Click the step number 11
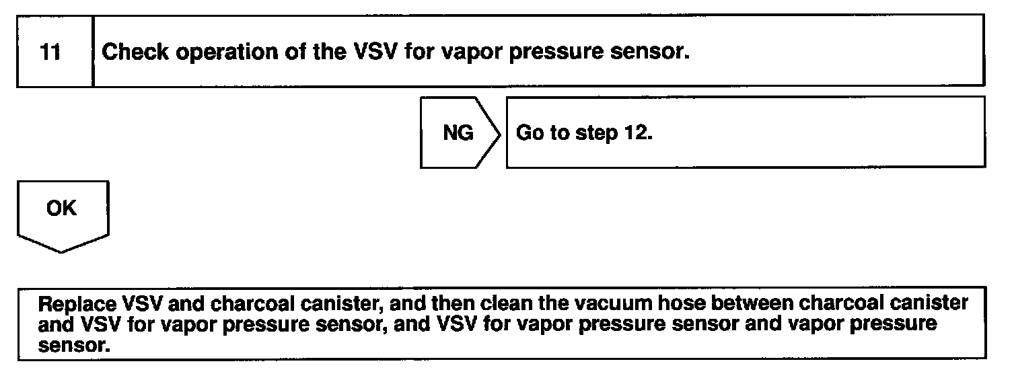pos(51,52)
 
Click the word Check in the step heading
pos(135,52)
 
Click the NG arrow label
pos(458,133)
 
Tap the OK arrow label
pos(61,209)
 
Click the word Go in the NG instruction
pos(528,133)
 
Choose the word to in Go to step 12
pos(557,133)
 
